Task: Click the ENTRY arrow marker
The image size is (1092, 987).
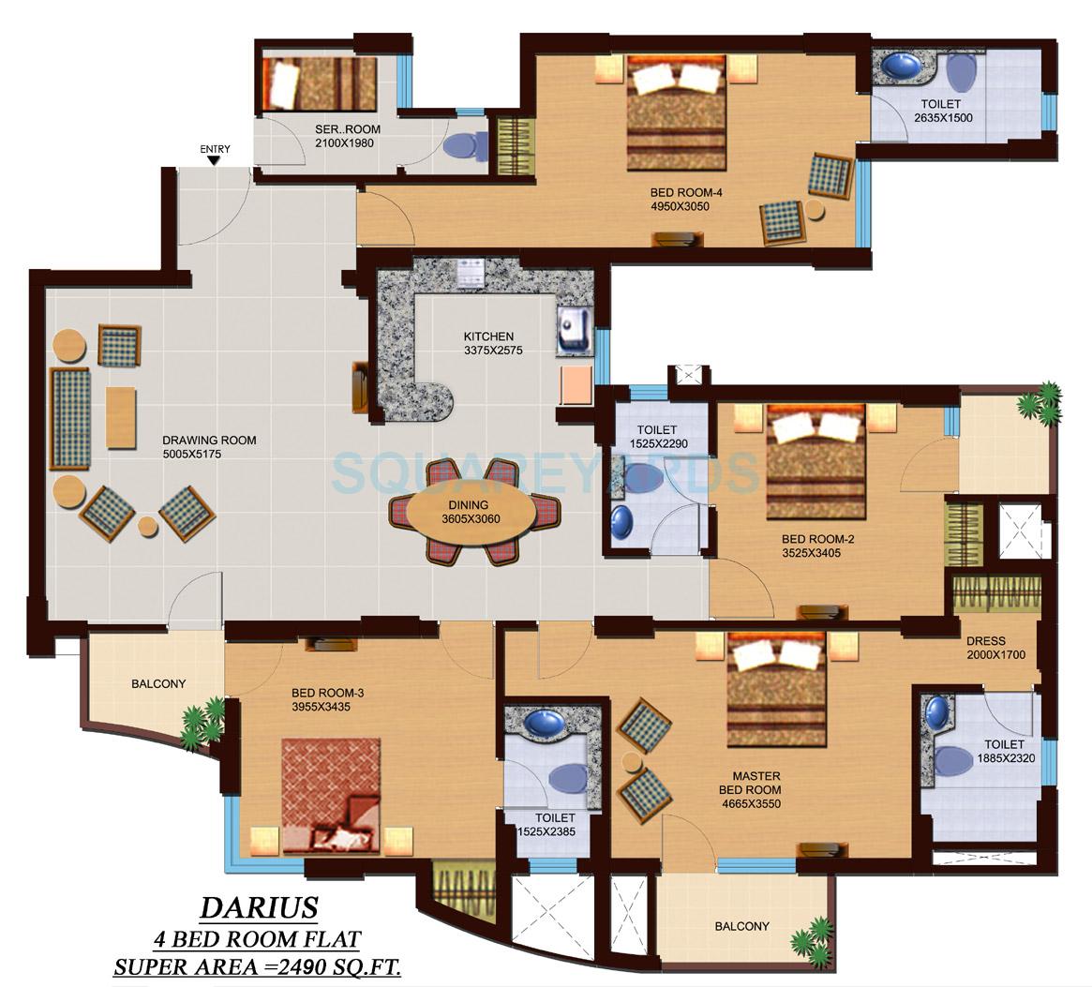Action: [214, 160]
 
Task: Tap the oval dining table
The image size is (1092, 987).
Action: [474, 512]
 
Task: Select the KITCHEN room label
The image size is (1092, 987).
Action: [488, 336]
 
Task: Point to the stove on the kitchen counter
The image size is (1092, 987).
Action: [470, 272]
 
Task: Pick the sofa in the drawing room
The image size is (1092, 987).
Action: [70, 418]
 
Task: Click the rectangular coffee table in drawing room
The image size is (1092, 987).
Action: [121, 417]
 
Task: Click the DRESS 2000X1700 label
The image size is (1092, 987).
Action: [995, 649]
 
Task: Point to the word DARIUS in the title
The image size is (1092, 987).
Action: [259, 907]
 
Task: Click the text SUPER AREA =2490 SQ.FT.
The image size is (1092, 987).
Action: [258, 967]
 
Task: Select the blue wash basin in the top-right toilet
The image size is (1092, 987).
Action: [903, 67]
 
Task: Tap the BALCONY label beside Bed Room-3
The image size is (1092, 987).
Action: [158, 684]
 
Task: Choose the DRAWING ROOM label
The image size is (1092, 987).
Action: [209, 441]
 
